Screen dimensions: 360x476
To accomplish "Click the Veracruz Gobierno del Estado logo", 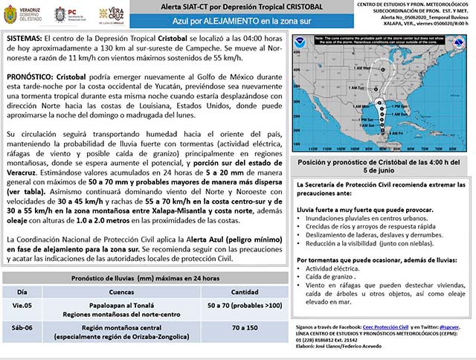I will pyautogui.click(x=23, y=14).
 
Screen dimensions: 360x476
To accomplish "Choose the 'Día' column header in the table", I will pyautogui.click(x=23, y=291).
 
